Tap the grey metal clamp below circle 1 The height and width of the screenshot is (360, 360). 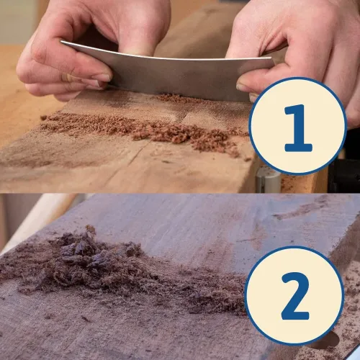tap(268, 180)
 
